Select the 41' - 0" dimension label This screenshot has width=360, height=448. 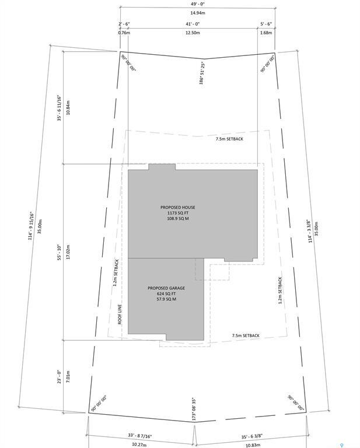pyautogui.click(x=193, y=24)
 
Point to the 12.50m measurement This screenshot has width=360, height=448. pyautogui.click(x=193, y=33)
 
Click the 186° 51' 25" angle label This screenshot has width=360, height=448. pyautogui.click(x=201, y=73)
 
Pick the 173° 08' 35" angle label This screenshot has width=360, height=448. pyautogui.click(x=193, y=409)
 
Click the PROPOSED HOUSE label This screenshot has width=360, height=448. pyautogui.click(x=178, y=207)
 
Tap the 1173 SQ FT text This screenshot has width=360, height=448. pyautogui.click(x=178, y=213)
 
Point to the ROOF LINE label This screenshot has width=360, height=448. pyautogui.click(x=119, y=313)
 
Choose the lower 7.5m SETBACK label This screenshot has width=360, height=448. pyautogui.click(x=245, y=335)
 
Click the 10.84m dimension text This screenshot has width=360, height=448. pyautogui.click(x=68, y=108)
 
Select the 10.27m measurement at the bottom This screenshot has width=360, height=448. pyautogui.click(x=139, y=444)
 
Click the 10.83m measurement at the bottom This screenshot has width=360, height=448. pyautogui.click(x=253, y=444)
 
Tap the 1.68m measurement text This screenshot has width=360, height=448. pyautogui.click(x=266, y=33)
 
